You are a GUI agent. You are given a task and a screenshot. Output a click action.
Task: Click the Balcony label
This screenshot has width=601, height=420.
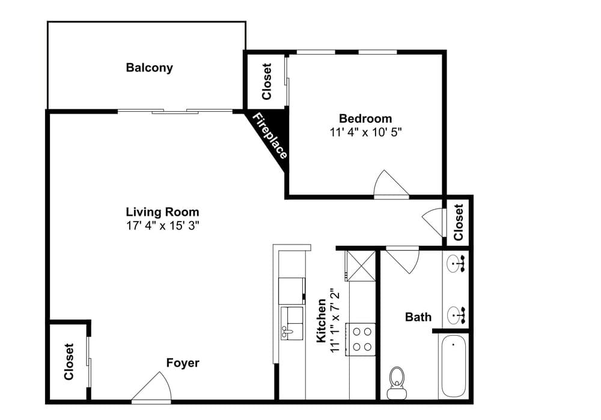coord(149,68)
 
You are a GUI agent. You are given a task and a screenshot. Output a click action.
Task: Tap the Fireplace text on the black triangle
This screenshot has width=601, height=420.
coord(269,136)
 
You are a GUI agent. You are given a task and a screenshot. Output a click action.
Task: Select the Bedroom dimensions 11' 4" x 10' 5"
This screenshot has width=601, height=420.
coord(365,132)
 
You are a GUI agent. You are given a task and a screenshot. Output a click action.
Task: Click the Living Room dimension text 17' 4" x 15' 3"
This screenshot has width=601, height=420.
coord(162,226)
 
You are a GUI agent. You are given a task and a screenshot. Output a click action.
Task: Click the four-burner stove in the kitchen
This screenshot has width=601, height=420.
coord(362,338)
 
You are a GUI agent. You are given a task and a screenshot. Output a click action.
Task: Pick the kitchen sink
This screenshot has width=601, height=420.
coord(292,323)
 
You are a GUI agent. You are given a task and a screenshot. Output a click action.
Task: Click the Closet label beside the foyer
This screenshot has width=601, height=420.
coord(69,362)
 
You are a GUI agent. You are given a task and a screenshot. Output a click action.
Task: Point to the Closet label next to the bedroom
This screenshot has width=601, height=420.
coord(267,82)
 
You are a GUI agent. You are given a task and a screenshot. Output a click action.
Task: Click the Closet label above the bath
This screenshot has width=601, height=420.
coord(459,222)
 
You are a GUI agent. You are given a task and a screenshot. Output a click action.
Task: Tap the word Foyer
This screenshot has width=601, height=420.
coord(183,363)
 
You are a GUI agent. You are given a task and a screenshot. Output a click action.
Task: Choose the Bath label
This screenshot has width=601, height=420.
coord(418,317)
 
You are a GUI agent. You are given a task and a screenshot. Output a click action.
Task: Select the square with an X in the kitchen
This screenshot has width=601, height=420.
coord(360,265)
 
